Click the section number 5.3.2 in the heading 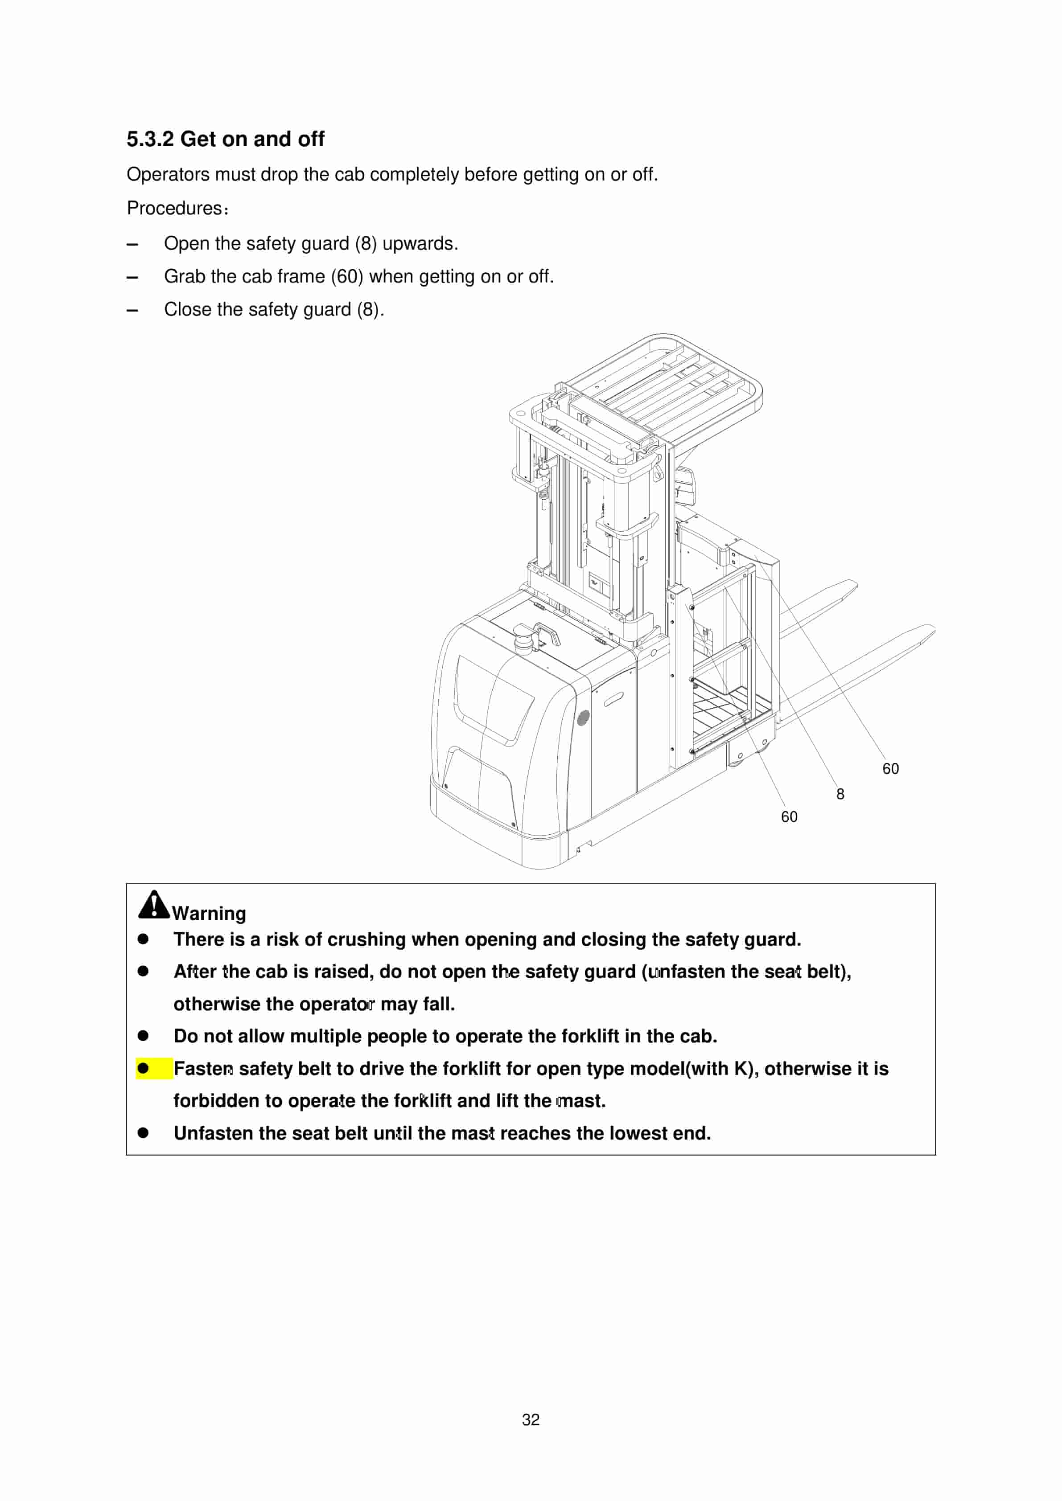pyautogui.click(x=150, y=139)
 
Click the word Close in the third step pyautogui.click(x=188, y=309)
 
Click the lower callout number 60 pyautogui.click(x=789, y=816)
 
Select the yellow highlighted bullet pyautogui.click(x=143, y=1068)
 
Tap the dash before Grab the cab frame pyautogui.click(x=132, y=277)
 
